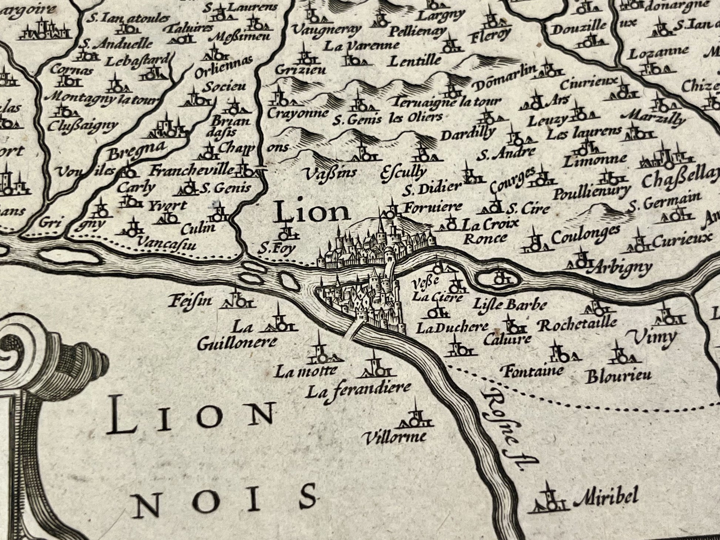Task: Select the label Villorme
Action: pyautogui.click(x=395, y=438)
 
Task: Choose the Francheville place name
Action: pyautogui.click(x=192, y=171)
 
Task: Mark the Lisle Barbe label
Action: pyautogui.click(x=510, y=305)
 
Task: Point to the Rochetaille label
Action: pyautogui.click(x=577, y=325)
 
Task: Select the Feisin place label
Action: pyautogui.click(x=190, y=300)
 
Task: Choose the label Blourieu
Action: pyautogui.click(x=618, y=377)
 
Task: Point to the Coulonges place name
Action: pyautogui.click(x=585, y=235)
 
